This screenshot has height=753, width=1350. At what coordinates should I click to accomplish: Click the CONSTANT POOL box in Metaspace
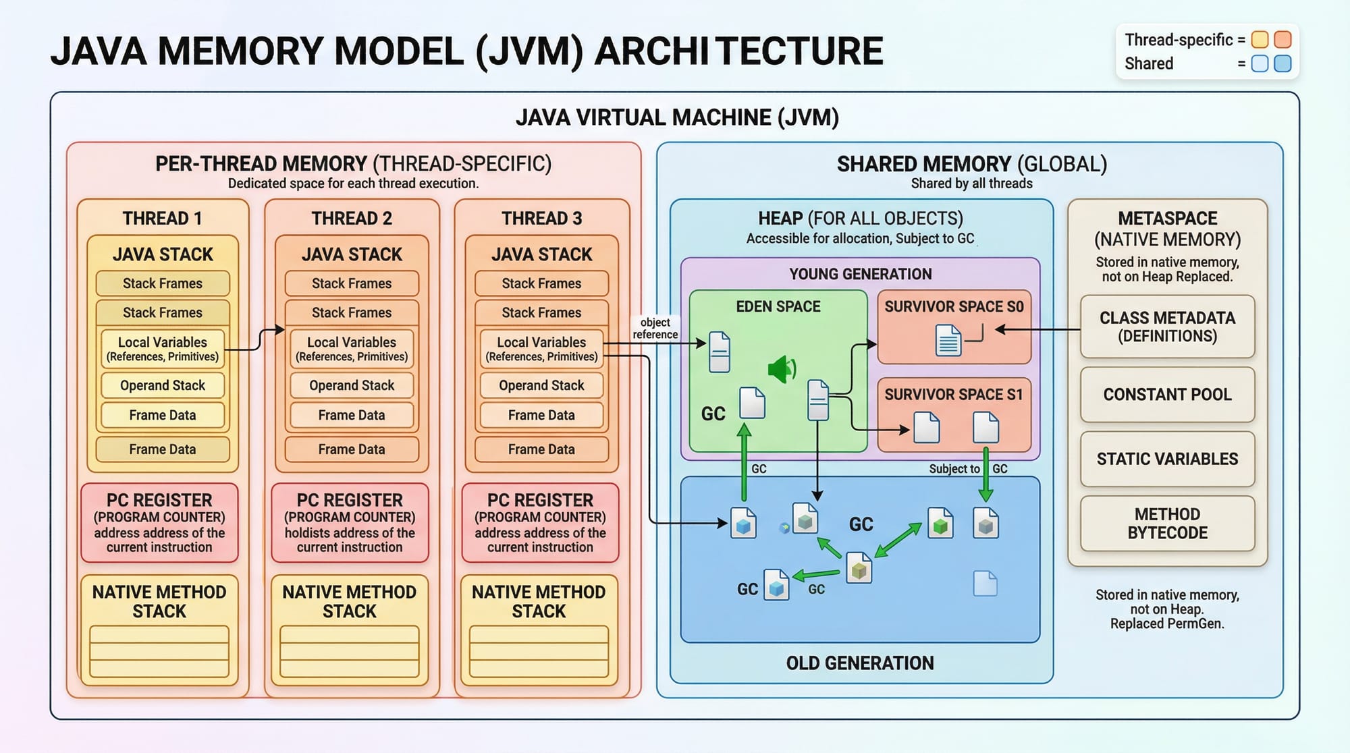[1167, 395]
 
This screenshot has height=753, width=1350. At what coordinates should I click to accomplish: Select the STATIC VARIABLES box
[1167, 459]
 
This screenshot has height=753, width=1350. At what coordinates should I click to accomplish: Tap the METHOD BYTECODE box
[1167, 524]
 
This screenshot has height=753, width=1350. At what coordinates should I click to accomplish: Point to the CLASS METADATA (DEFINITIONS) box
[1167, 327]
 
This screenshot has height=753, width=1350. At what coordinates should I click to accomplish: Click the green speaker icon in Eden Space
[782, 369]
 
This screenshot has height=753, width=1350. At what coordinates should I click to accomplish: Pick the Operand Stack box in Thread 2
[352, 385]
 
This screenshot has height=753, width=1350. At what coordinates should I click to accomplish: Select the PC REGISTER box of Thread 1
[159, 523]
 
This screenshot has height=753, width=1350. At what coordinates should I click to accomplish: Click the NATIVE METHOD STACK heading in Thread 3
[539, 601]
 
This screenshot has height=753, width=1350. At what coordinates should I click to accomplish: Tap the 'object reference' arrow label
[655, 329]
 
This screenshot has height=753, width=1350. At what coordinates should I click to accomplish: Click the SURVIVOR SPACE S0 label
[954, 306]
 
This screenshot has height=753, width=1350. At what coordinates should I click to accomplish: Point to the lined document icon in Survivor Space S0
[948, 339]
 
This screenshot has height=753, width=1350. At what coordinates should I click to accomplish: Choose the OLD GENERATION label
[860, 663]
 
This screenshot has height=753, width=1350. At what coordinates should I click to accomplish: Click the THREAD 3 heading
[541, 219]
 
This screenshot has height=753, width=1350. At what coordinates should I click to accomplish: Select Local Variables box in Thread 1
[163, 348]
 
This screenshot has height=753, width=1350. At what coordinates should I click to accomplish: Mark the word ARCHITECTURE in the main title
[738, 51]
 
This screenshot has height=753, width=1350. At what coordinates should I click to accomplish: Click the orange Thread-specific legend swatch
[1282, 39]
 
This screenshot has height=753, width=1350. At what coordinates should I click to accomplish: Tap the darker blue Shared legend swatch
[1282, 63]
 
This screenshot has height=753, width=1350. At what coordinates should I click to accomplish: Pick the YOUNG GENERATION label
[860, 274]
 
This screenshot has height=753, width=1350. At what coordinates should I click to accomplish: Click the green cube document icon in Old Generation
[940, 524]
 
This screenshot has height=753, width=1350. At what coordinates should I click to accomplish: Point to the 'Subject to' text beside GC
[954, 469]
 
